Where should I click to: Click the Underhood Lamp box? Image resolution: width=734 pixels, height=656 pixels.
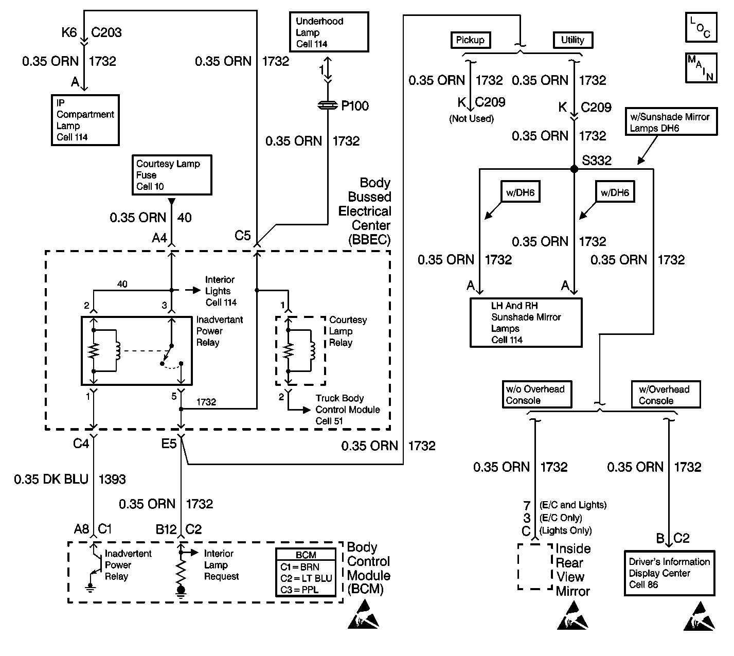[328, 32]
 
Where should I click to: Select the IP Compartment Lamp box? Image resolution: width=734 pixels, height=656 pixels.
[85, 120]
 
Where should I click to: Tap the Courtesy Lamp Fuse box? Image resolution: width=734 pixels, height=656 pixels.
[171, 175]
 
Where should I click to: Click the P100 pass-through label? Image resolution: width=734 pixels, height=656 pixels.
[355, 106]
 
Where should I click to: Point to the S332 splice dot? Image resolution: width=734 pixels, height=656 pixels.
[575, 169]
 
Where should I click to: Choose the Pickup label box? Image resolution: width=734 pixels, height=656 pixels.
[470, 40]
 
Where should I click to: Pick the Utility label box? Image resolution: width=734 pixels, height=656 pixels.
[572, 40]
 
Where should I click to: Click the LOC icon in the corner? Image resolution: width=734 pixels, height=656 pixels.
[701, 27]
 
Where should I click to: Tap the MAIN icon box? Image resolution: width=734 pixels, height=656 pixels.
[701, 68]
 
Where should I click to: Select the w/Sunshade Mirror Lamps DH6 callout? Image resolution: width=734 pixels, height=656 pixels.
[671, 122]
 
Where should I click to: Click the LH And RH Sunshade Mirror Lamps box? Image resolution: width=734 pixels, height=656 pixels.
[526, 323]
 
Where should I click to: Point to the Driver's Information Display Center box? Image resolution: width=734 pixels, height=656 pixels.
[669, 573]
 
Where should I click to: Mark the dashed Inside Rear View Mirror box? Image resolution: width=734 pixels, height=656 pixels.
[534, 566]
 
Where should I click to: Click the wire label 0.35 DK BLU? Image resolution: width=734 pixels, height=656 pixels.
[51, 480]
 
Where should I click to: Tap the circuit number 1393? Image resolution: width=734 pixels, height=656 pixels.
[112, 480]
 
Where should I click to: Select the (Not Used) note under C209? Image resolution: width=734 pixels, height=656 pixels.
[471, 119]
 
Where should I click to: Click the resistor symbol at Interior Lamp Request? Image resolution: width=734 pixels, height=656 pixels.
[181, 570]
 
